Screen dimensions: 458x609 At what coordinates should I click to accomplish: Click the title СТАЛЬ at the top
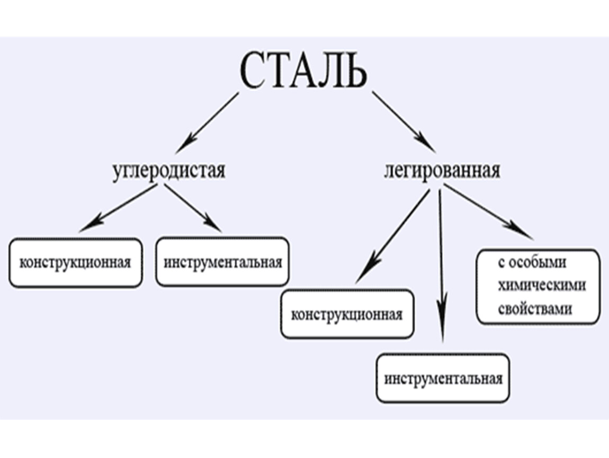[303, 71]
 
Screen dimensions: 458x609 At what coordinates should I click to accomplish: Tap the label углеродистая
[169, 171]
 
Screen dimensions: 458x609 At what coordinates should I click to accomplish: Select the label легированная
[442, 171]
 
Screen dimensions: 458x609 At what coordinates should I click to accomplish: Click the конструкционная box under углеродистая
[75, 263]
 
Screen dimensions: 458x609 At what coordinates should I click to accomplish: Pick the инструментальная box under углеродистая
[222, 262]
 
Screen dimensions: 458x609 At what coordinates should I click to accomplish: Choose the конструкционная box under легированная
[347, 314]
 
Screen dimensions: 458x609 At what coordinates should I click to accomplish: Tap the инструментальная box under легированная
[443, 379]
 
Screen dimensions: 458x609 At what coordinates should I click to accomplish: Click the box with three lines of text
[538, 286]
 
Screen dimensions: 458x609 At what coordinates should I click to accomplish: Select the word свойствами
[535, 309]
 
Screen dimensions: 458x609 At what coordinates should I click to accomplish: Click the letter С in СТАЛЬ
[254, 71]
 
